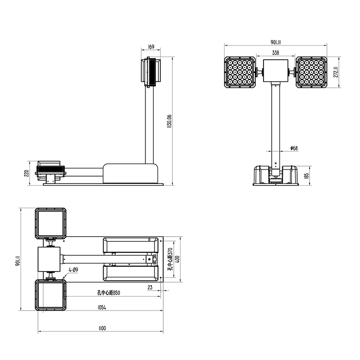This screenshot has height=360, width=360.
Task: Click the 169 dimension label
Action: coord(151,47)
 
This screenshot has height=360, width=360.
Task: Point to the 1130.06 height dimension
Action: coord(169,121)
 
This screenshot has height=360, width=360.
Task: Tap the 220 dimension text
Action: coord(26,173)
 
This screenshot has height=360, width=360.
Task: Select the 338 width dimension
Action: coord(276,53)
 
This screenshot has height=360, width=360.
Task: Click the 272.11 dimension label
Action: coord(336,72)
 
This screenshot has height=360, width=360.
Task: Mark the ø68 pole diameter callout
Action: coord(294,148)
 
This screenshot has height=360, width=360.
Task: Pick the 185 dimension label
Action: coord(306,176)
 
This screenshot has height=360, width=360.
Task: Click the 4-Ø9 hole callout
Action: coord(73,270)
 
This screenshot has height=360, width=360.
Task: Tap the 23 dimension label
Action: coord(150,287)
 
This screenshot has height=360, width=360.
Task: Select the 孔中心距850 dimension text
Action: coord(108,293)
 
